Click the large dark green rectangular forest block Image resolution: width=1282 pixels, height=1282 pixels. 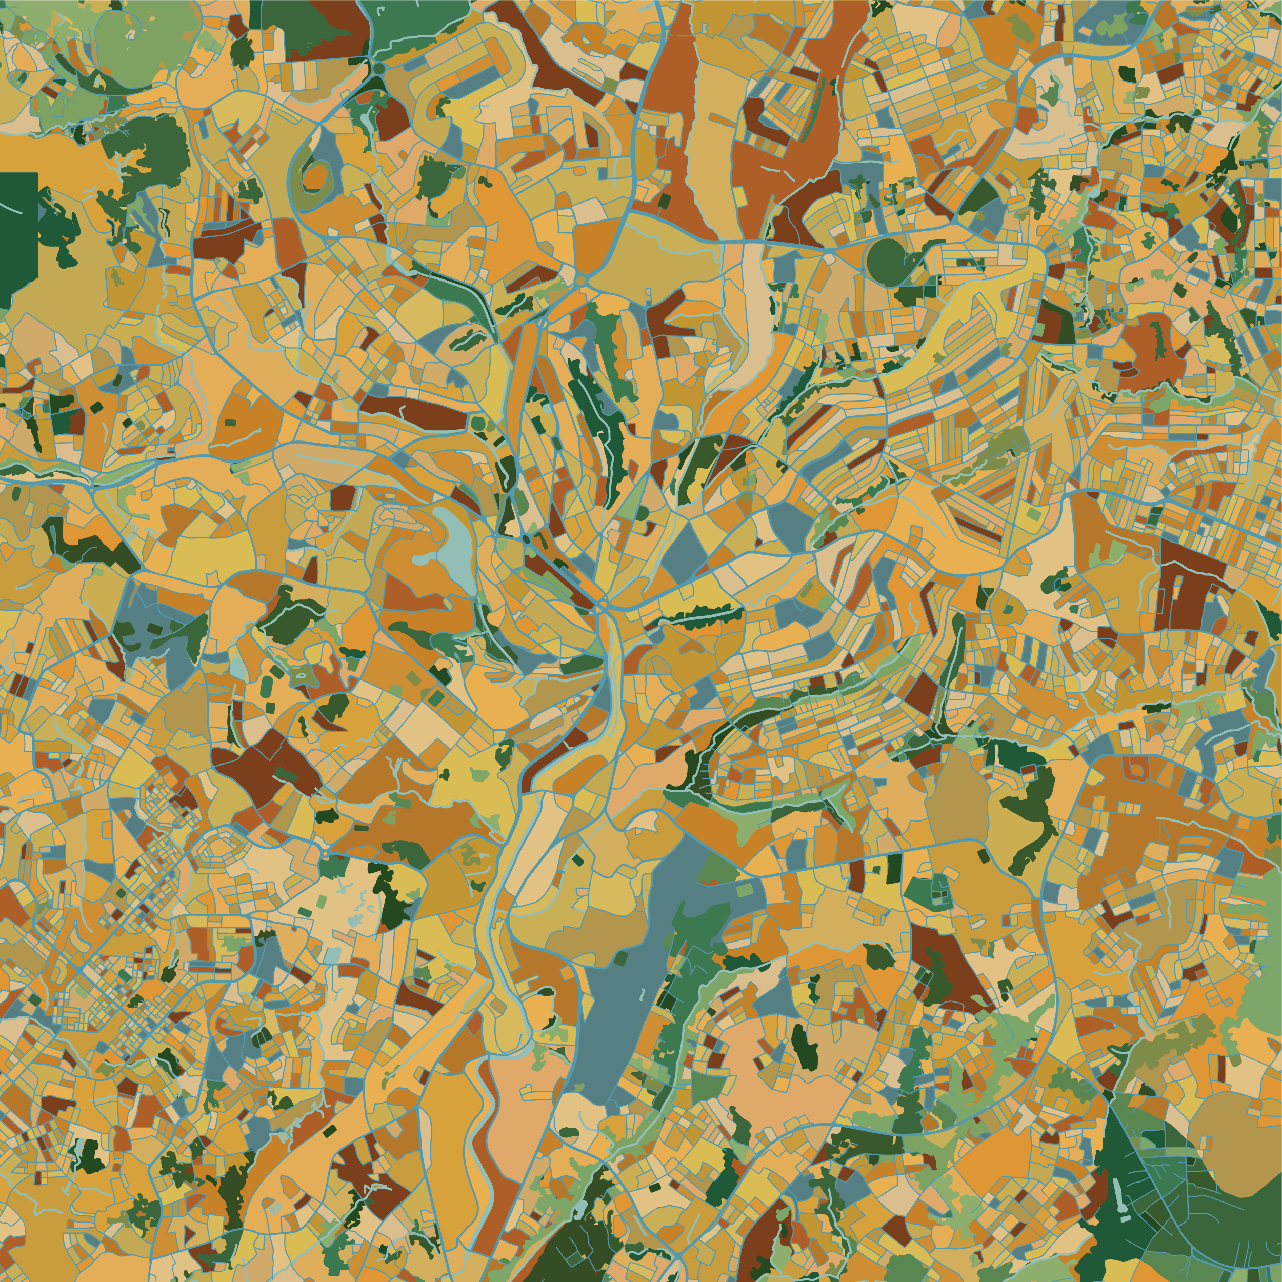18,239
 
